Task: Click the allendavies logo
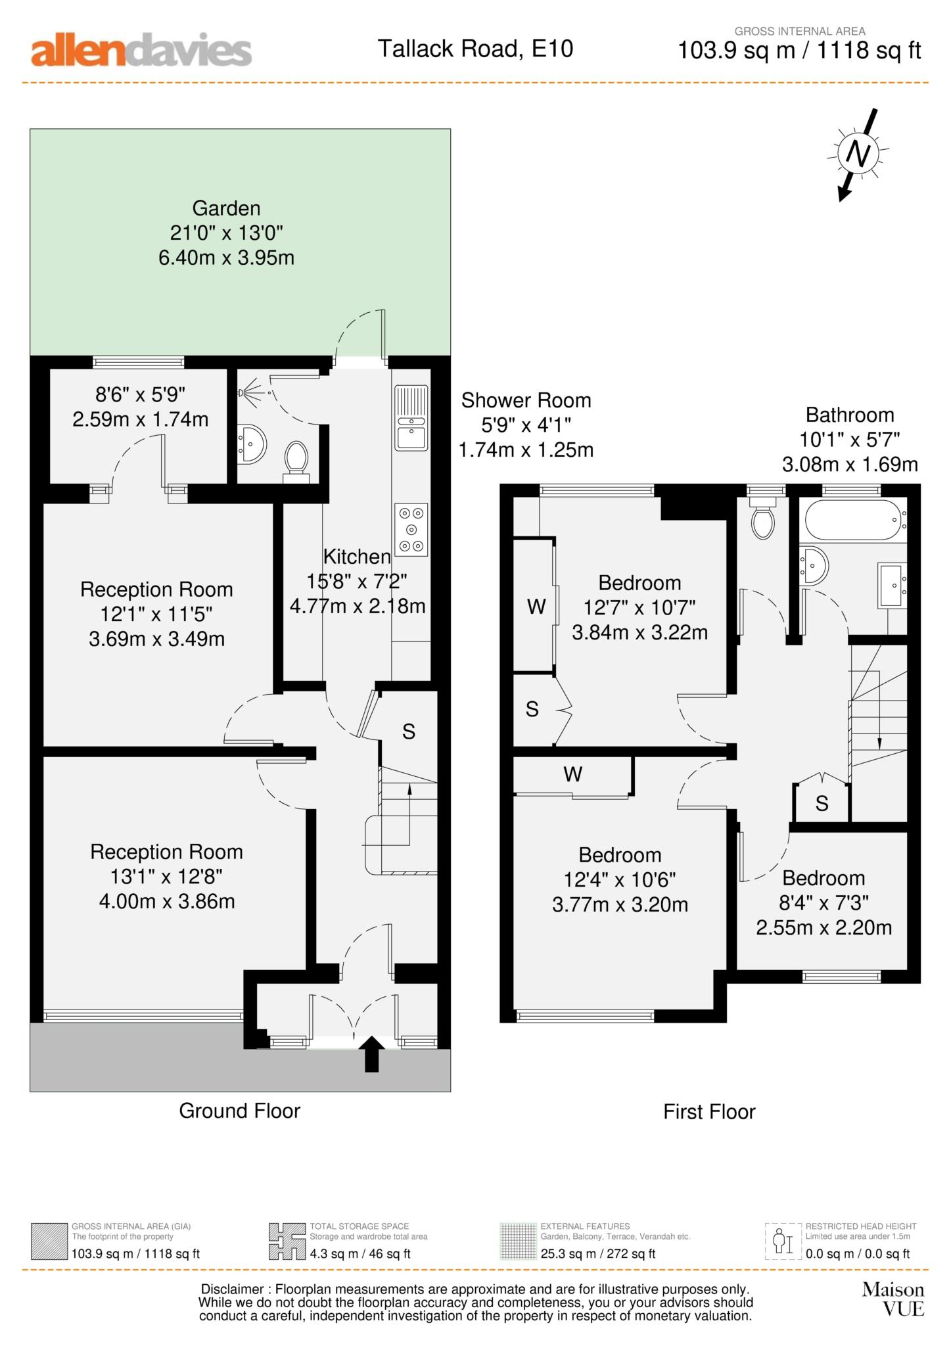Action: click(x=141, y=51)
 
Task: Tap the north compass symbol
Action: click(x=857, y=154)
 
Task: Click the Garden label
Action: click(x=226, y=208)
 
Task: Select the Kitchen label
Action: click(x=357, y=557)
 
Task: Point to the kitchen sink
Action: click(x=411, y=418)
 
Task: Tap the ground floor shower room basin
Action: click(x=252, y=445)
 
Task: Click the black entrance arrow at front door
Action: click(x=371, y=1054)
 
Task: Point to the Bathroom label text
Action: click(x=850, y=415)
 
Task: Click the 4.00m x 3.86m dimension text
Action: click(x=167, y=901)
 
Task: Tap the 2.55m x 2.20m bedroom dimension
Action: click(x=823, y=927)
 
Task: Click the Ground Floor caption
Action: click(x=239, y=1111)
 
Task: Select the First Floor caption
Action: click(x=709, y=1111)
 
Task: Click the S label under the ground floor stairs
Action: click(x=409, y=731)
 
